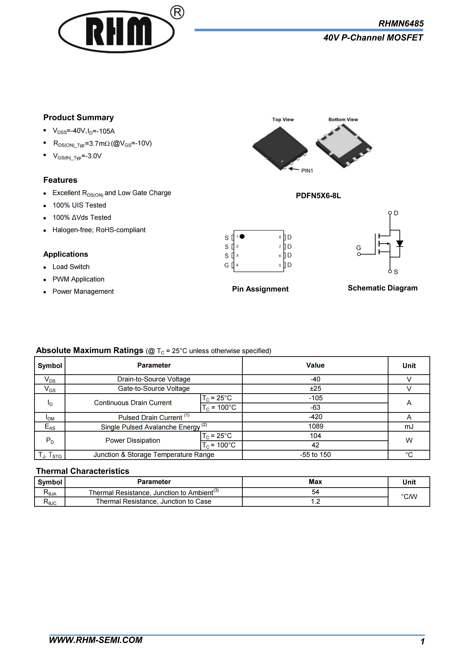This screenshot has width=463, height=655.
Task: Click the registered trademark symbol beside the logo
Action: pos(177,13)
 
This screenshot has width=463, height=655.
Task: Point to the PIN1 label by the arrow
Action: pos(307,171)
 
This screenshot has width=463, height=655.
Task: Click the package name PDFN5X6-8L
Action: pos(318,196)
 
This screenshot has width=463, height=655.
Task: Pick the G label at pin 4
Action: pos(227,265)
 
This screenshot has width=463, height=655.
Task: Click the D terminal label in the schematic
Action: pos(396,213)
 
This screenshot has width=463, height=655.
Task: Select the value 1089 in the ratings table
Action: pos(316,426)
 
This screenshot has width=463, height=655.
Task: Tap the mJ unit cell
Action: pos(409,427)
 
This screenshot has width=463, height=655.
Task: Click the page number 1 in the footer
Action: pos(422,642)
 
